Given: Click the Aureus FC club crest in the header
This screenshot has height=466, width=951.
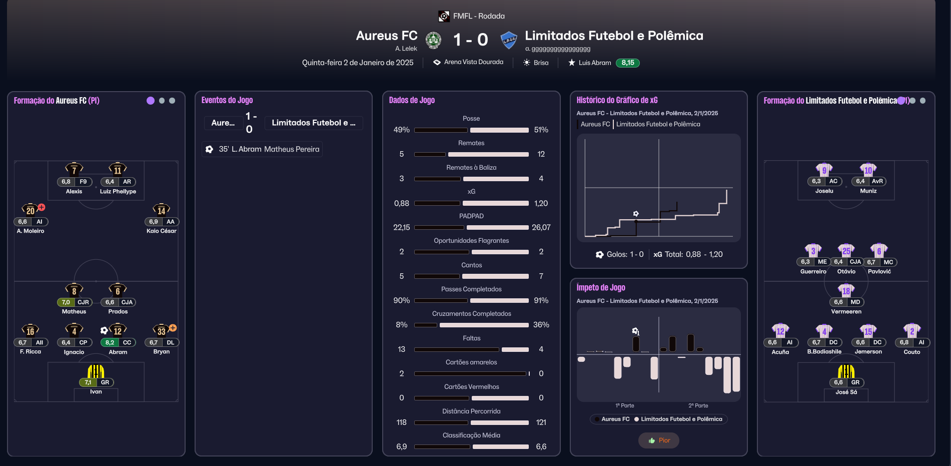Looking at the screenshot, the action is [433, 40].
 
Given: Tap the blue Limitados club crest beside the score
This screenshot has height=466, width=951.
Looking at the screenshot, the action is [509, 40].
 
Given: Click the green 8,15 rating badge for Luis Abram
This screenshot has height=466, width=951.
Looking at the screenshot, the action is [627, 63].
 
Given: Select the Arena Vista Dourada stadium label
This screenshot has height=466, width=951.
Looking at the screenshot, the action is [473, 62].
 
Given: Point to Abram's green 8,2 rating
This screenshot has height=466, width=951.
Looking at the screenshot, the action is [110, 342].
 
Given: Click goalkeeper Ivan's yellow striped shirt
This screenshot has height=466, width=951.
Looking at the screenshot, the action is [96, 371].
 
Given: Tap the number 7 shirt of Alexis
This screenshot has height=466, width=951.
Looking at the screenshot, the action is [74, 169].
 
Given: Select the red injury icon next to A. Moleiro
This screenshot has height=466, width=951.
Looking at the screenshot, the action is [42, 207].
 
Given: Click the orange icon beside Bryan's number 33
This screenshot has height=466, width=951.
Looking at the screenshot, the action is [173, 328].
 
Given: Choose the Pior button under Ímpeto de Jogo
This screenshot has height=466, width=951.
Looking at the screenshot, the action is [659, 440].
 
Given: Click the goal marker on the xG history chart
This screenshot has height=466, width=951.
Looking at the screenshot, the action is [636, 214].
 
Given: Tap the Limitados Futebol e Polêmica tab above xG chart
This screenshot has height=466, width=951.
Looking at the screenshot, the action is [658, 124].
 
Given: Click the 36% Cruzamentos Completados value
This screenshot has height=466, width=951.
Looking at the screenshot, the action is [541, 325].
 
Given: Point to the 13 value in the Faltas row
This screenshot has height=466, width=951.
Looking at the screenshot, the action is [401, 349].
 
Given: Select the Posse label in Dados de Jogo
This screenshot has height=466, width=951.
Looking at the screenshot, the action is [471, 119].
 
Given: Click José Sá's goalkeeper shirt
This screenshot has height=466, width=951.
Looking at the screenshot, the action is [846, 371].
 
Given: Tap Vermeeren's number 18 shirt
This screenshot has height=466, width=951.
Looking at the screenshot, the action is [846, 290].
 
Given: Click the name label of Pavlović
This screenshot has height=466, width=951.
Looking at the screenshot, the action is [879, 271].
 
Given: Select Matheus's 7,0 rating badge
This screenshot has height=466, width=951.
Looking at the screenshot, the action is [66, 302].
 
